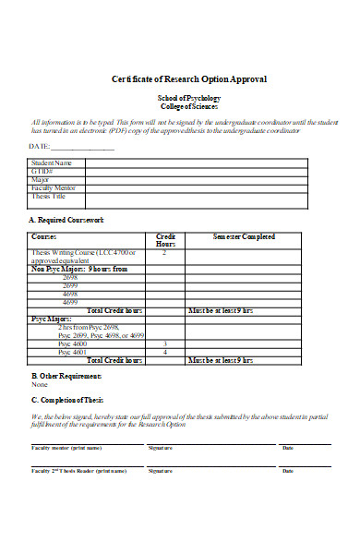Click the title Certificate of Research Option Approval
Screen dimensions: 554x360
(x=188, y=79)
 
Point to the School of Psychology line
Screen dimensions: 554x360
(x=188, y=97)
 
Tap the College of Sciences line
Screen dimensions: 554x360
(x=188, y=106)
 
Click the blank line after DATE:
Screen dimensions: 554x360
(x=82, y=147)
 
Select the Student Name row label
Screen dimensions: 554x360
(x=52, y=163)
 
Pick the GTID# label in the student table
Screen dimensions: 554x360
(x=42, y=172)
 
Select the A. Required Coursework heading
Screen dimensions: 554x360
(x=67, y=221)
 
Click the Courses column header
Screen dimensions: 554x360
(x=44, y=237)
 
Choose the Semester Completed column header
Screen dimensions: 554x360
(x=244, y=237)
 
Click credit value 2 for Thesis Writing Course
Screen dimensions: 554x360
(x=164, y=252)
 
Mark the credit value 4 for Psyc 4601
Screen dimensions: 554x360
(x=164, y=352)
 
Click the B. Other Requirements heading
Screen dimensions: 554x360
(x=67, y=377)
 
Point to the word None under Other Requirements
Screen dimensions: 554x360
(x=40, y=385)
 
